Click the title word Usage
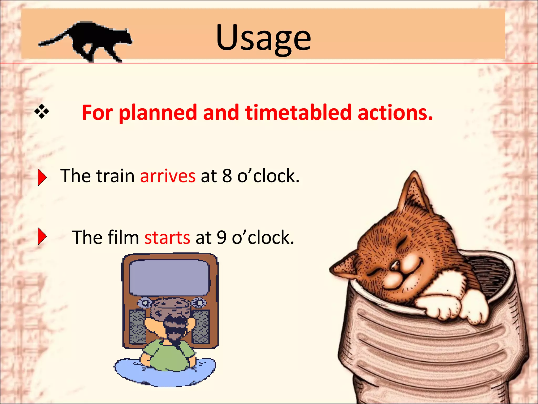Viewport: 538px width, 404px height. (x=263, y=38)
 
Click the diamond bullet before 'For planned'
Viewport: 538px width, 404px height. (x=42, y=112)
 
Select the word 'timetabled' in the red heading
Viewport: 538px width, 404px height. (x=298, y=112)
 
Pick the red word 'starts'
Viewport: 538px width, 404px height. (x=167, y=237)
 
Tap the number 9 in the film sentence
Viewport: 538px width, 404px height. (x=221, y=237)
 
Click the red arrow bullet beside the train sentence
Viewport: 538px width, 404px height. (x=42, y=177)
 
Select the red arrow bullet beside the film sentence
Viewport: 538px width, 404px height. (x=42, y=236)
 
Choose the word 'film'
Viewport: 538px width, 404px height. (x=123, y=237)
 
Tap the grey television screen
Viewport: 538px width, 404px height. (x=169, y=277)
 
